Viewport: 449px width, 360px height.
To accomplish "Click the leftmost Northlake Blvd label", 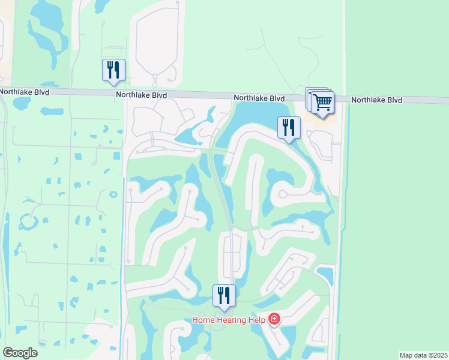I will pyautogui.click(x=24, y=92).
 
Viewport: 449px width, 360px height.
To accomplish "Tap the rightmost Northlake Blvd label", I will pyautogui.click(x=376, y=100).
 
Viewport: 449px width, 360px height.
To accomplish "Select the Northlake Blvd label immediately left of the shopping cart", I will pyautogui.click(x=259, y=98).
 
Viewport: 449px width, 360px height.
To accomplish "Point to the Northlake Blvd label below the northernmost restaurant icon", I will pyautogui.click(x=142, y=95).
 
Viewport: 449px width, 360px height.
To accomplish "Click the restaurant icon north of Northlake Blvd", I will pyautogui.click(x=113, y=70).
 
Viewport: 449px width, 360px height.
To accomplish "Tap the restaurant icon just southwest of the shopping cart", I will pyautogui.click(x=289, y=127).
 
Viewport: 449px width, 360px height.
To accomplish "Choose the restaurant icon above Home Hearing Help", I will pyautogui.click(x=224, y=295).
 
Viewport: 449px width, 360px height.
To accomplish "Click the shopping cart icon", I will pyautogui.click(x=322, y=103).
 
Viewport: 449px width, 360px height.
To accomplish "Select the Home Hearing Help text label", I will pyautogui.click(x=229, y=320).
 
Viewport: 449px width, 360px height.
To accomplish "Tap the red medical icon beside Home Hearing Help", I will pyautogui.click(x=274, y=319).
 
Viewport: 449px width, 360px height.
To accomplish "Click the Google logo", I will pyautogui.click(x=20, y=353).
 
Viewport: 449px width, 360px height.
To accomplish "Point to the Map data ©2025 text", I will pyautogui.click(x=423, y=355).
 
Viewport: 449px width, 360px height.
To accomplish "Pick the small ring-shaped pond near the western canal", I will pyautogui.click(x=112, y=194).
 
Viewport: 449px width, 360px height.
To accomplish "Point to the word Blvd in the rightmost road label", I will pyautogui.click(x=394, y=100).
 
